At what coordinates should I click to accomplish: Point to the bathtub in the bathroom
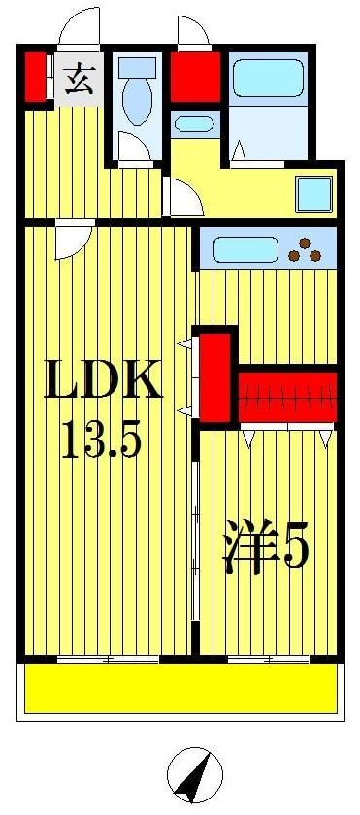(268, 79)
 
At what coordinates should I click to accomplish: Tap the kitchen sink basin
(243, 249)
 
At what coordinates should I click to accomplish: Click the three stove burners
(308, 249)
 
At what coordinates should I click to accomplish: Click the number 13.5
(102, 441)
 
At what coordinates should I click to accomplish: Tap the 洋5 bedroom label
(266, 549)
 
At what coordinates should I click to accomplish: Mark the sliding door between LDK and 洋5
(195, 543)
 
